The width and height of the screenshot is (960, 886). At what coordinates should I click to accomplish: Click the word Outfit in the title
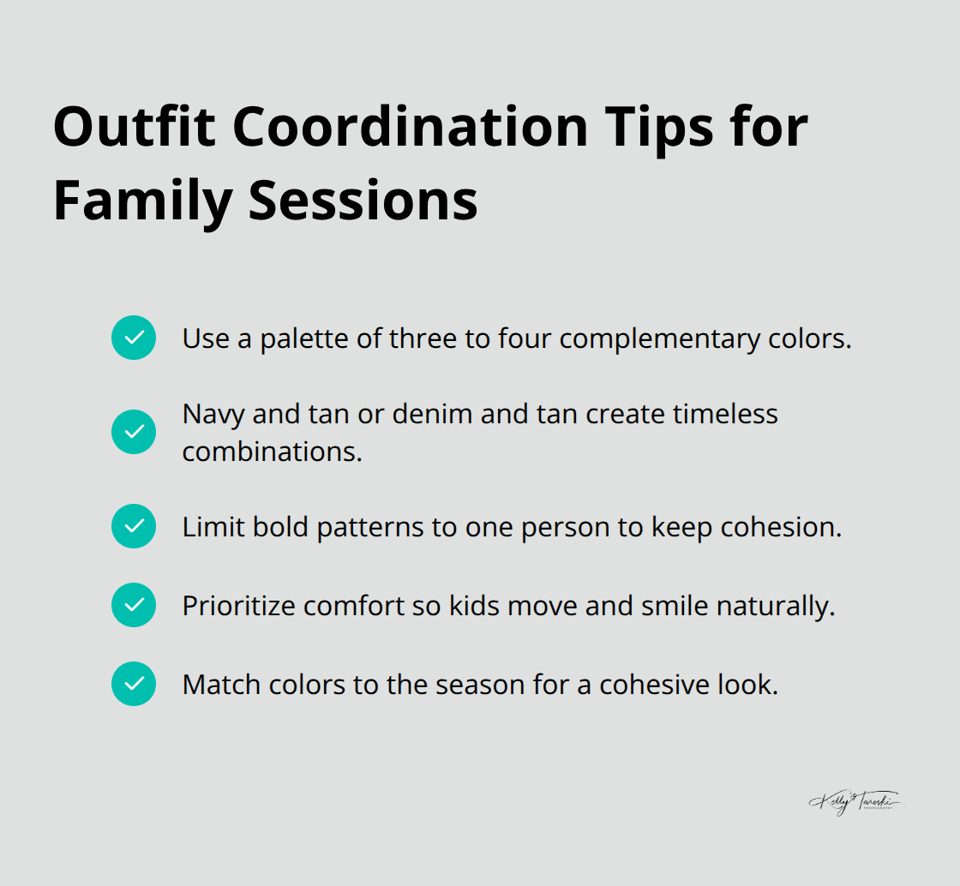tap(133, 127)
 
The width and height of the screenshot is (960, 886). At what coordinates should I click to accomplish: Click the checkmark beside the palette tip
tap(134, 338)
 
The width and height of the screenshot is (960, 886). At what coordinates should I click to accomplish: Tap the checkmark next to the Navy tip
tap(134, 432)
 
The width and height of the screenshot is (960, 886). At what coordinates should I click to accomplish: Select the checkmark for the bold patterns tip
tap(134, 526)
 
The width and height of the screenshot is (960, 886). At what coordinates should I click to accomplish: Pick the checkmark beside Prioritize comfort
tap(134, 605)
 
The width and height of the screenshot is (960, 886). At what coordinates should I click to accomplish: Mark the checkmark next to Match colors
tap(134, 684)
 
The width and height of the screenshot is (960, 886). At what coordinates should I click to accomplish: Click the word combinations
tap(272, 451)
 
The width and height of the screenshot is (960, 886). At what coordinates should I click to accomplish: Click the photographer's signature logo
tap(855, 802)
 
